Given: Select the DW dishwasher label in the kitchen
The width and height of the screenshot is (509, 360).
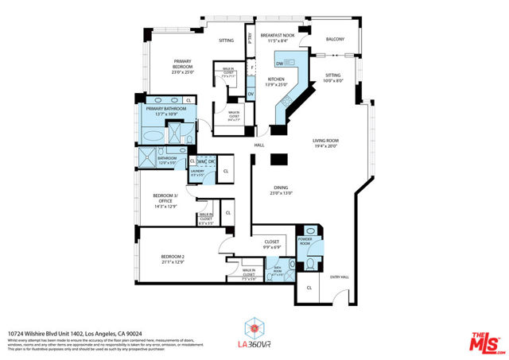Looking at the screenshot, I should (x=280, y=64).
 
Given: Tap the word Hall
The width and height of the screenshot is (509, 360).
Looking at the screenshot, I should (x=258, y=145).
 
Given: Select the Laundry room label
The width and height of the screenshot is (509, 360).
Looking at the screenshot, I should (x=198, y=171).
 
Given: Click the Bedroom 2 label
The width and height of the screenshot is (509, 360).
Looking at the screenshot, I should (x=173, y=257).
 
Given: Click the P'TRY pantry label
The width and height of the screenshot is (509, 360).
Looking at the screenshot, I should (x=249, y=36).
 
